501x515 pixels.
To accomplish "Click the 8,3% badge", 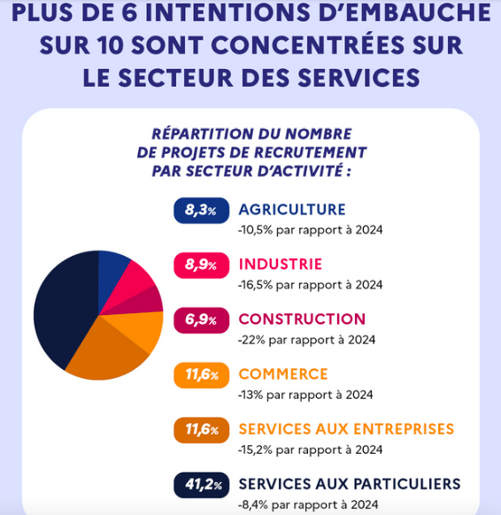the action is [x=202, y=211].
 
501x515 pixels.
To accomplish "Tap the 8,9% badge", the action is [x=202, y=265].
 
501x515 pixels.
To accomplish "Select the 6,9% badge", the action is [x=202, y=320].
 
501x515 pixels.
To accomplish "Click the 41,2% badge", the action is [x=202, y=485].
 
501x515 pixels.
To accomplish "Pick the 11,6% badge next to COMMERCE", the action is [x=202, y=375].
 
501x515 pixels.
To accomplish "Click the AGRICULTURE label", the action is [x=292, y=210].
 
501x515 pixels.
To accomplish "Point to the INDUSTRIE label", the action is [x=281, y=265].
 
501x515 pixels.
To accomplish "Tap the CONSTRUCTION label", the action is [x=302, y=319].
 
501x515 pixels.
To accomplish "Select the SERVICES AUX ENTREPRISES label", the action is [x=346, y=429].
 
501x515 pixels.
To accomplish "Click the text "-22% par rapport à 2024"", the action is [x=307, y=340].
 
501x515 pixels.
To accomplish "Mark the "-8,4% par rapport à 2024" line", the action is [x=308, y=504].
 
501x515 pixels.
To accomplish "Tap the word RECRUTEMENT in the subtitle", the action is [x=311, y=152].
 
